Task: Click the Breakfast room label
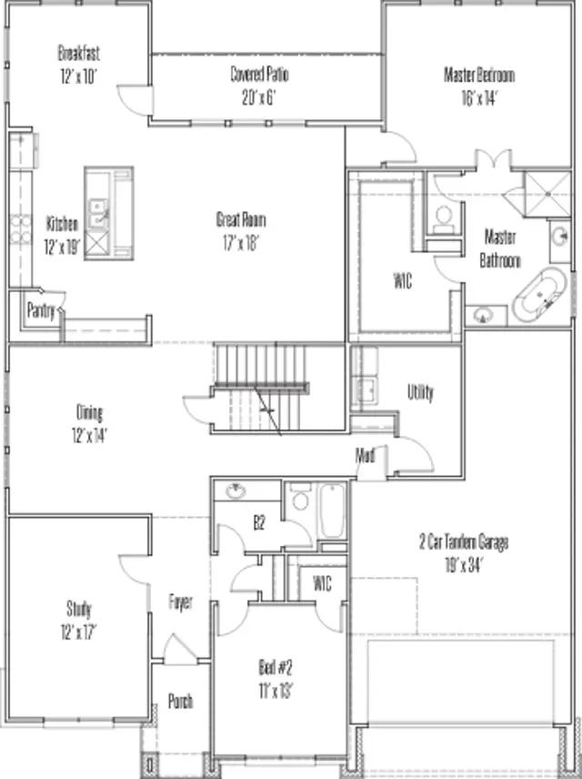coord(79,60)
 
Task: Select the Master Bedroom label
coord(478,83)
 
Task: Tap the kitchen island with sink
coord(108,214)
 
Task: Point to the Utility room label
coord(420,392)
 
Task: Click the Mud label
coord(366,455)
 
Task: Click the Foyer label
coord(181,602)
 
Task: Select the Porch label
coord(180,701)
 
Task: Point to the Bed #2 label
coord(276,678)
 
